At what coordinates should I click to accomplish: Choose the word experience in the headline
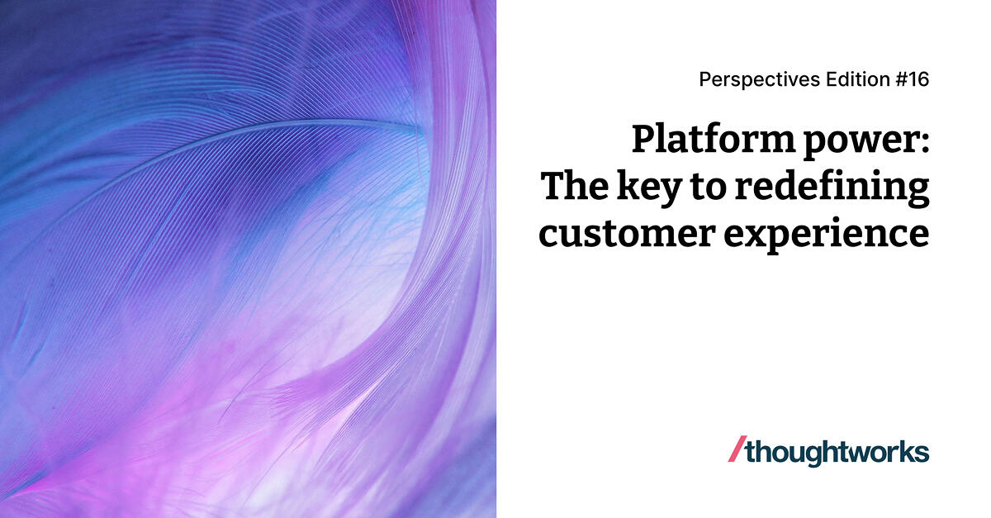click(827, 235)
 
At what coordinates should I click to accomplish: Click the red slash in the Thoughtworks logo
click(735, 451)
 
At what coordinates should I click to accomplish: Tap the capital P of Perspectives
click(704, 79)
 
